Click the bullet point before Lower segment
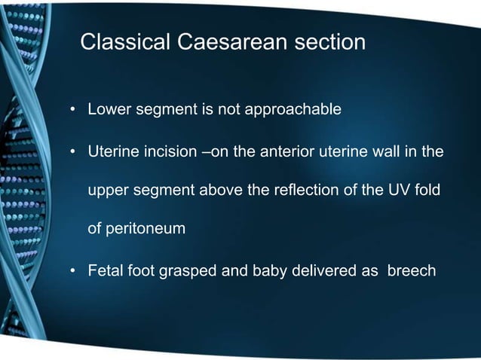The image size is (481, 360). coord(74,111)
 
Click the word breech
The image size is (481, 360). coord(411,270)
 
